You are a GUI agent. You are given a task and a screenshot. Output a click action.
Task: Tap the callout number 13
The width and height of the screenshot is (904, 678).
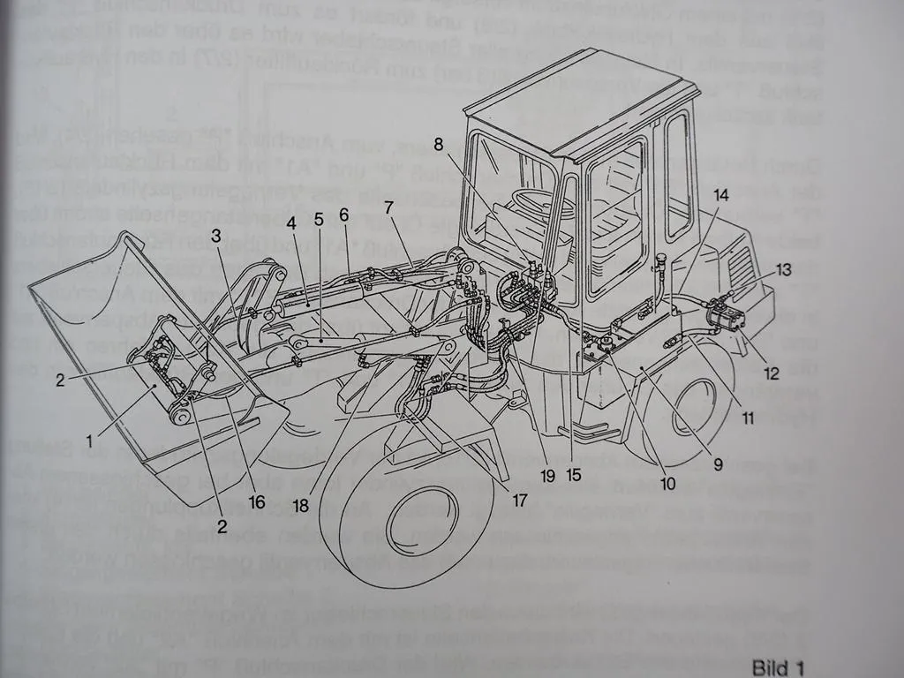pos(785,269)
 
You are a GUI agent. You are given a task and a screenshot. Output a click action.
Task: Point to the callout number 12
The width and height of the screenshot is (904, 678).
pos(772,373)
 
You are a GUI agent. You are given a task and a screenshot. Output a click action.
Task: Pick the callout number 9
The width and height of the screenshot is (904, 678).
pos(718,461)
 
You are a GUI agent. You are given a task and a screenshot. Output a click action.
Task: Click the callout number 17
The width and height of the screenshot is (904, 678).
pos(518,500)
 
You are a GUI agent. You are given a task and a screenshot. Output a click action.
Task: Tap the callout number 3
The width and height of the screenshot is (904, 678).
pos(215,235)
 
